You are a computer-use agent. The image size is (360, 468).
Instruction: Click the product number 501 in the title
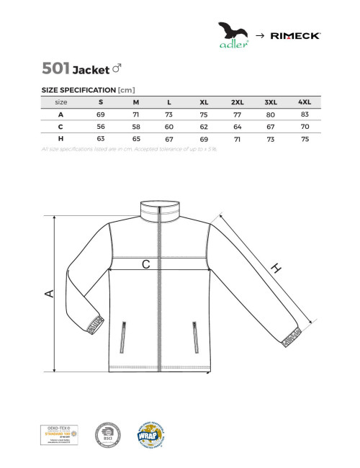click(x=56, y=68)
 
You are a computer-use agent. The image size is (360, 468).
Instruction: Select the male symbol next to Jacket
click(x=117, y=69)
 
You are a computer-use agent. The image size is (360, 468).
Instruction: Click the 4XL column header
click(x=305, y=102)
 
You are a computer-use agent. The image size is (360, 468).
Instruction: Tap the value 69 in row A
click(x=101, y=114)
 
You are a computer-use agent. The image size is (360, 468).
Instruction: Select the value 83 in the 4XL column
click(x=305, y=114)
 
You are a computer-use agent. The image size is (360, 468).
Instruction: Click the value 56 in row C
click(x=101, y=127)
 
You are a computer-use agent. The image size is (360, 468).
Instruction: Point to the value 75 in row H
click(x=305, y=139)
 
